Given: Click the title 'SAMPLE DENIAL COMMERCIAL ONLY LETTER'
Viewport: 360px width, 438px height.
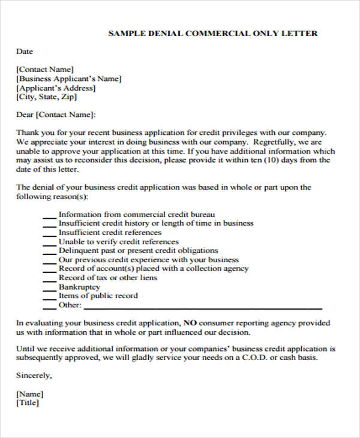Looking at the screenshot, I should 213,33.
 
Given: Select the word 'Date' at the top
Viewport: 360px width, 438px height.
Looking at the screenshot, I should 25,52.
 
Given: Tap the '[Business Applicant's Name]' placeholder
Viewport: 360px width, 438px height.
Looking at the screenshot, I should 69,78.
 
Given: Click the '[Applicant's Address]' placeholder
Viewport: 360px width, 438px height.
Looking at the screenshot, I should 55,88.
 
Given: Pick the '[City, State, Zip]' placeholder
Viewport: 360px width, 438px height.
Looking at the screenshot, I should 47,97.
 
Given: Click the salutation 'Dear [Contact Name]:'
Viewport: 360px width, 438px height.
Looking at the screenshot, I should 56,115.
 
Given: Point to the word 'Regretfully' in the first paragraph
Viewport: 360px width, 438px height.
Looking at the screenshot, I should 274,142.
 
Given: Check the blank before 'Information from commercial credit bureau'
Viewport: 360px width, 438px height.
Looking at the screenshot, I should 49,215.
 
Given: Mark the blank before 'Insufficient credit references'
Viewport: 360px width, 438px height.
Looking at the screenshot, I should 49,233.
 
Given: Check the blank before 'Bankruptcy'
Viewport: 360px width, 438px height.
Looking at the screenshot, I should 49,287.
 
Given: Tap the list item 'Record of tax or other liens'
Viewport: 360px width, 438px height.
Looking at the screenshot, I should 108,278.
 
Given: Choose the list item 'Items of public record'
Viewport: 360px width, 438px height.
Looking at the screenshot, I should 98,296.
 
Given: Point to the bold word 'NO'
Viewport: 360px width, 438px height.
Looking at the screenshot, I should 190,323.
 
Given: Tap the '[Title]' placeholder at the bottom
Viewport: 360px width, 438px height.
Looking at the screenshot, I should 28,403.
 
